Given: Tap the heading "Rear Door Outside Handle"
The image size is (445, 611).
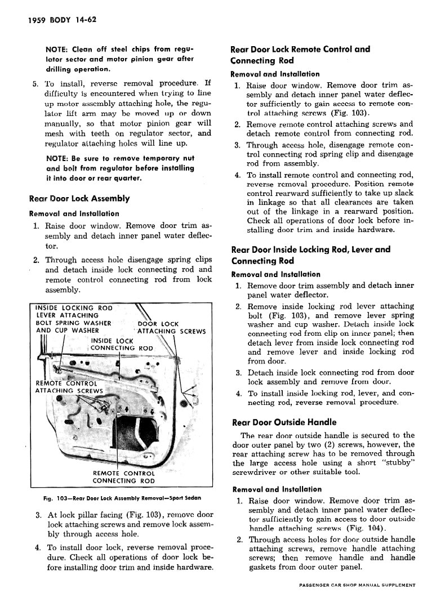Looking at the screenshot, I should tap(284, 422).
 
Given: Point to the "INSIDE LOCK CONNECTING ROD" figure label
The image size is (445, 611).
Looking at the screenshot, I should tap(122, 344).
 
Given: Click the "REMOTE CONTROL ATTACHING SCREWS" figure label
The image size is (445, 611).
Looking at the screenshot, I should tap(69, 387).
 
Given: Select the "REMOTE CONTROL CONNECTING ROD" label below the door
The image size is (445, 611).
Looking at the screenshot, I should tap(123, 477).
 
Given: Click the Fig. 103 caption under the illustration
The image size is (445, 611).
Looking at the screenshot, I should tap(122, 498).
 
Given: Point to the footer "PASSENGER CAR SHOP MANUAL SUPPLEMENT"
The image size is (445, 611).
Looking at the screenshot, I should tap(357, 586).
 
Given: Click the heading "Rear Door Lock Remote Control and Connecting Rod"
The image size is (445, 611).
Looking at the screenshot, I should tap(300, 55).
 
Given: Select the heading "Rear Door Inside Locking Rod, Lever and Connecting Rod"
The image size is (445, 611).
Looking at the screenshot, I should tap(310, 255).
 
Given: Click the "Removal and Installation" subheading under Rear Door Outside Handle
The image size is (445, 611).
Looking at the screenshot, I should tap(277, 489).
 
